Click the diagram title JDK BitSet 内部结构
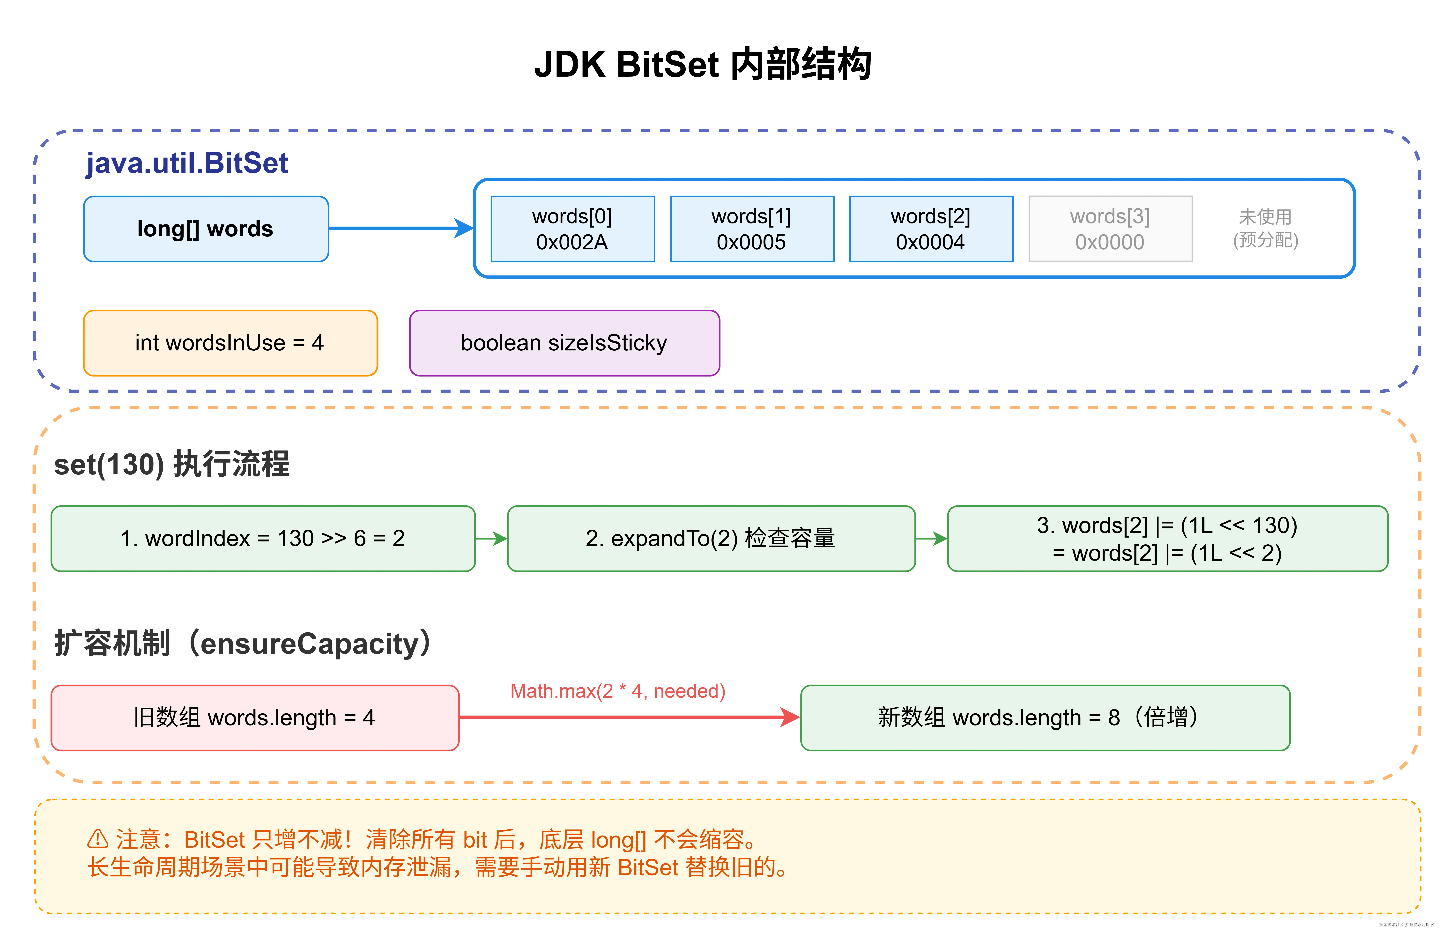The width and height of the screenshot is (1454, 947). (x=703, y=64)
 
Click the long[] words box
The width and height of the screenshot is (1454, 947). (x=206, y=229)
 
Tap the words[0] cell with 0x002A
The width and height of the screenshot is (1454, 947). (x=572, y=229)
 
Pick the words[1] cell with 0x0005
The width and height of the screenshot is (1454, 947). (x=751, y=229)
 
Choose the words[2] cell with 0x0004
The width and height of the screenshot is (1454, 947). (x=930, y=229)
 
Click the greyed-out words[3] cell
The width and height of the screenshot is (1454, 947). (x=1110, y=229)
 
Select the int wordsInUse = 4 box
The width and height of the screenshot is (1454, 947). (x=230, y=343)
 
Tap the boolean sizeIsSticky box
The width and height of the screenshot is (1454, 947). (x=564, y=343)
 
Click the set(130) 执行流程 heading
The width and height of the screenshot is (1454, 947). (x=172, y=464)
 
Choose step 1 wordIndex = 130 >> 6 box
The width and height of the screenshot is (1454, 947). (x=263, y=538)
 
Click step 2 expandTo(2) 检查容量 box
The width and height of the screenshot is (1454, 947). (x=711, y=538)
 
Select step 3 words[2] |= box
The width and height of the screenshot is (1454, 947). (x=1167, y=538)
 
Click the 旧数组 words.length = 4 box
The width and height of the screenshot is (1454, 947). (x=255, y=717)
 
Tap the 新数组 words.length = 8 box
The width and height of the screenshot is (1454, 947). (x=1045, y=717)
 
